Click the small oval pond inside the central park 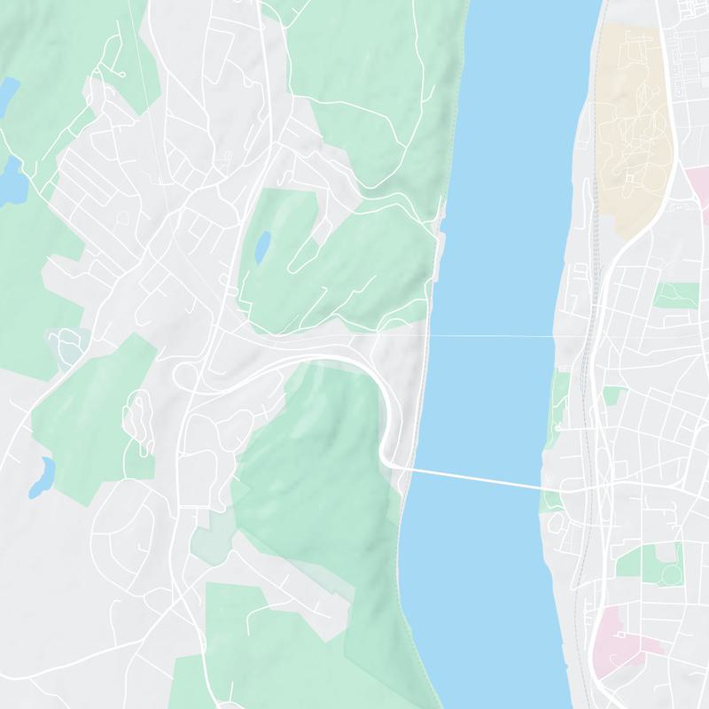tap(262, 246)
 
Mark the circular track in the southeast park tap(671, 576)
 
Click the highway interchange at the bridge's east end tap(594, 487)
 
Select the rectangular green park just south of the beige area tap(675, 295)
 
